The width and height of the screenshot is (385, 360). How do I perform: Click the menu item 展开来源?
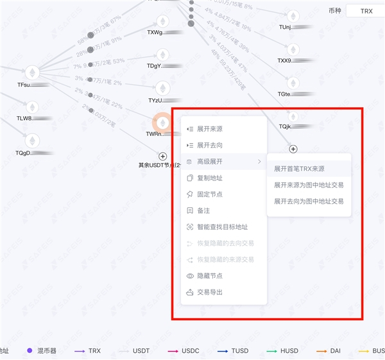point(210,129)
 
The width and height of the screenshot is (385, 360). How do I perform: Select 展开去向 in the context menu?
point(210,145)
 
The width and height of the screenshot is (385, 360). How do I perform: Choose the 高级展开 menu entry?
point(210,162)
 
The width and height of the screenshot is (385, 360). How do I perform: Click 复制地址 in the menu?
point(210,178)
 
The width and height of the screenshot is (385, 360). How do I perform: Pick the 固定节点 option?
point(210,194)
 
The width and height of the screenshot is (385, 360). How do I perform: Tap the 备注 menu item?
point(203,210)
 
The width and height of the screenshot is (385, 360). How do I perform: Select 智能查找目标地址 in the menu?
point(222,227)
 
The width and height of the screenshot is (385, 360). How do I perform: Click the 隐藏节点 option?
point(210,276)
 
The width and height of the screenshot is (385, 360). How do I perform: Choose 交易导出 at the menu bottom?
point(210,292)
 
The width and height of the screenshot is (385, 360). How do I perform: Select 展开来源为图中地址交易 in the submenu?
point(309,185)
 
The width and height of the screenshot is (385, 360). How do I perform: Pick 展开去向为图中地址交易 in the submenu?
point(309,201)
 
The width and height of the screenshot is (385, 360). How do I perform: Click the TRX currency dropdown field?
point(365,11)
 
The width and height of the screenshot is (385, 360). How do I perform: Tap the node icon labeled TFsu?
point(32,72)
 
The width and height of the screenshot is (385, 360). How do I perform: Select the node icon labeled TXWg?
point(163,21)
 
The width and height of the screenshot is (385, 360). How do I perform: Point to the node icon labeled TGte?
point(293,83)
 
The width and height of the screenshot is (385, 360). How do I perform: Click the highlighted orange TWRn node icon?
point(162,122)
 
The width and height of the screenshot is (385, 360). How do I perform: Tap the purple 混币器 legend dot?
point(30,351)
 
